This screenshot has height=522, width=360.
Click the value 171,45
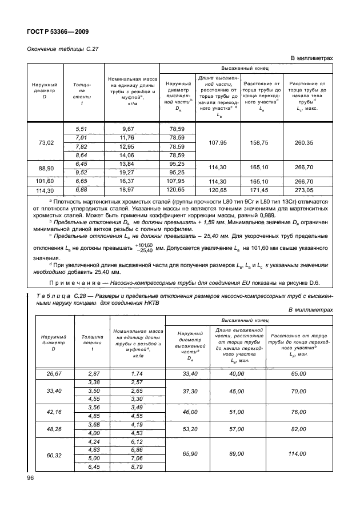click(260, 189)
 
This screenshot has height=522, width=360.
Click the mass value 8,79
click(137, 468)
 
